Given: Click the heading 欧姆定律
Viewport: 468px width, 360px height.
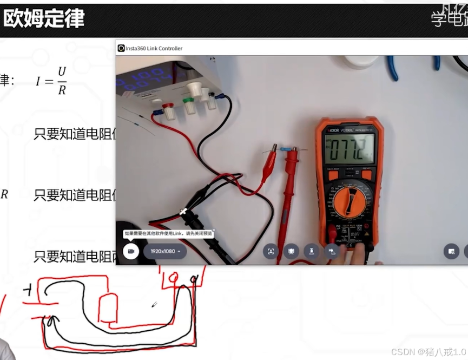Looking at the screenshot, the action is [43, 19].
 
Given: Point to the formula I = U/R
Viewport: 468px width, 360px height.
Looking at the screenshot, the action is [51, 81].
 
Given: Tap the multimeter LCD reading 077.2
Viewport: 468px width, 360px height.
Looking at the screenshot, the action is [350, 149].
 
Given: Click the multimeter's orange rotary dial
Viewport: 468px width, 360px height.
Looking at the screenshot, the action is [352, 204].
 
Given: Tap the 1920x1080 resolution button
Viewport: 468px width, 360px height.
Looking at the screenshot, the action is [165, 251].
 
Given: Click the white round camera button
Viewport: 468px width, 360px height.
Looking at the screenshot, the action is [130, 251].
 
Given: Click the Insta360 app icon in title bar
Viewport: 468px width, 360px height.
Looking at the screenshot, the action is [121, 48].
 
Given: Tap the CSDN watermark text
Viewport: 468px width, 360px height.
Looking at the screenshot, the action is [427, 351].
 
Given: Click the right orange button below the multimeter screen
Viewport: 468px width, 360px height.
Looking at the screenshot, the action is [366, 174].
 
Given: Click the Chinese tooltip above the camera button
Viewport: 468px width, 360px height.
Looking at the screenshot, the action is [168, 234].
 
